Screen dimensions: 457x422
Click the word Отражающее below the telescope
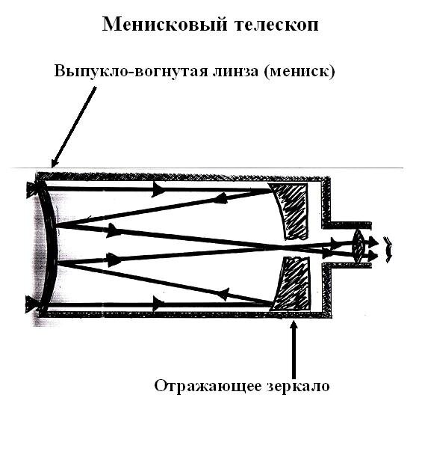tap(208, 386)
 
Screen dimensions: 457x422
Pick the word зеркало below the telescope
tap(297, 386)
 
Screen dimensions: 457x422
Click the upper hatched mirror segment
tap(291, 209)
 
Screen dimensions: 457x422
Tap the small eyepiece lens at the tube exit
tap(358, 245)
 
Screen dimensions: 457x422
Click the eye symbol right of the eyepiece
tap(387, 248)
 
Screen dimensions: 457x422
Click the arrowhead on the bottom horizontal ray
tap(158, 303)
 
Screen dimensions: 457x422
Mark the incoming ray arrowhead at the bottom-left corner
tap(31, 303)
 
